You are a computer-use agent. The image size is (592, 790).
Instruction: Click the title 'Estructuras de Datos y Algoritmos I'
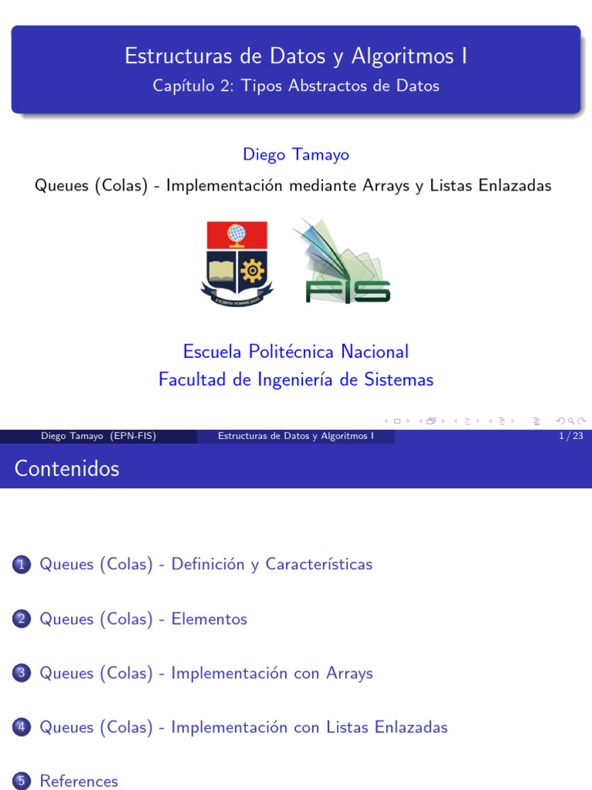point(296,56)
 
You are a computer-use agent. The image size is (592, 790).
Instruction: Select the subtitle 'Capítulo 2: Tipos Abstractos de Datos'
point(296,86)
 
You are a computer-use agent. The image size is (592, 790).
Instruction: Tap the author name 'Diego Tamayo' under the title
point(296,154)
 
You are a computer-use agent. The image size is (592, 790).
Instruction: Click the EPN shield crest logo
point(237,262)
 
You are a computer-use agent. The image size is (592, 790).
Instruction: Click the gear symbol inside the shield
point(252,271)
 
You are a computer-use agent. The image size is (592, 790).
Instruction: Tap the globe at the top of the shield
point(237,232)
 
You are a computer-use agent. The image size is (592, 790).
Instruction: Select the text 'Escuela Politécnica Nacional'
point(296,352)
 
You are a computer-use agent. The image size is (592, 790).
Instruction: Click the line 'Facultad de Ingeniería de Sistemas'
point(296,380)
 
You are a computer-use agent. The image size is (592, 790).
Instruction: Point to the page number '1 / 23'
point(570,437)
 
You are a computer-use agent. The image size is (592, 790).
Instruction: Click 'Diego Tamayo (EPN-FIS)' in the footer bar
point(99,437)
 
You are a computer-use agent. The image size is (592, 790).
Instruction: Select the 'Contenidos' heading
point(67,468)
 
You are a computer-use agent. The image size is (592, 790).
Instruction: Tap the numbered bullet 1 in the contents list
point(22,565)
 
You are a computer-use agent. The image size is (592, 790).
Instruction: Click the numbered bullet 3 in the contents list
point(22,674)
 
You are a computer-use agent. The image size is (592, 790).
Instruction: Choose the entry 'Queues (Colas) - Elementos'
point(143,619)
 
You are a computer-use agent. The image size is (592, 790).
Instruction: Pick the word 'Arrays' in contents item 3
point(348,673)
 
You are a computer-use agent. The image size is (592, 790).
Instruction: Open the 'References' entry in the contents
point(79,781)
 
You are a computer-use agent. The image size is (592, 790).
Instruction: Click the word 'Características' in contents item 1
point(318,564)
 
